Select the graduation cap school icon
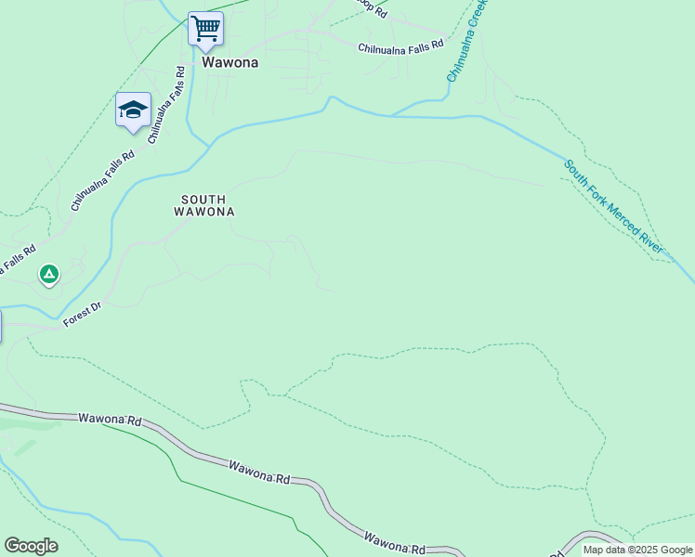click(x=133, y=110)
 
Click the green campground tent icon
click(x=49, y=274)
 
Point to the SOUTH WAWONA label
click(x=203, y=205)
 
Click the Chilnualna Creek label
click(x=466, y=41)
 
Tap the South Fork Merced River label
click(x=614, y=207)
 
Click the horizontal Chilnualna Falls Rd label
click(x=401, y=45)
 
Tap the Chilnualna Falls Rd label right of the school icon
click(x=166, y=103)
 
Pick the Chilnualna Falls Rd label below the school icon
click(x=101, y=183)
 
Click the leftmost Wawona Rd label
click(x=110, y=421)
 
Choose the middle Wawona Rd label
click(x=259, y=471)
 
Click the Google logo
click(x=31, y=546)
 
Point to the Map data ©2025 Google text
click(x=637, y=550)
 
